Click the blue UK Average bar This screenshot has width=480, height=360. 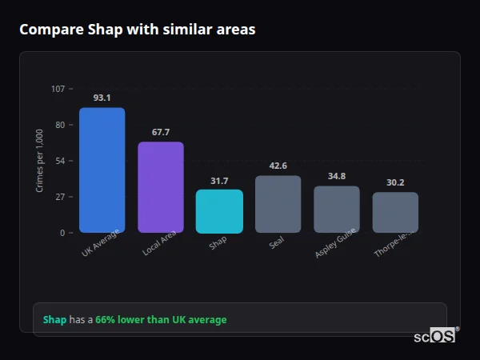(x=102, y=170)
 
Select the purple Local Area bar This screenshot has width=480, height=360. (x=161, y=187)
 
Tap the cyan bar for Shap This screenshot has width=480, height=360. (x=219, y=211)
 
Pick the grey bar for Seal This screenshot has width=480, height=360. (x=278, y=204)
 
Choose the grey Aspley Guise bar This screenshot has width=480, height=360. (x=336, y=210)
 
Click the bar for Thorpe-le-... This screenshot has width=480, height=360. (x=395, y=212)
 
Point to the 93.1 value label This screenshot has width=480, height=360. (x=102, y=98)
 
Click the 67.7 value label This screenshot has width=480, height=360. (x=161, y=132)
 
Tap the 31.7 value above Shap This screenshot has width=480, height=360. (x=219, y=181)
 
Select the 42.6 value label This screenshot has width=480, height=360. (x=278, y=166)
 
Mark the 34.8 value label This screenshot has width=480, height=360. (x=336, y=176)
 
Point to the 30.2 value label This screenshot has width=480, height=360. (x=395, y=182)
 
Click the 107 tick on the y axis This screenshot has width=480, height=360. (x=58, y=89)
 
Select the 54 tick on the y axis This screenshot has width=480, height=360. (x=60, y=161)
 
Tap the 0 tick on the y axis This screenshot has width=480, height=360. (x=62, y=233)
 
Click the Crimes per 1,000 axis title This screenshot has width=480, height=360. (x=40, y=161)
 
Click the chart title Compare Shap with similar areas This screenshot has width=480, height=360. (x=138, y=30)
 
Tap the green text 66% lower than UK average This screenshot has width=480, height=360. (x=161, y=320)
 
